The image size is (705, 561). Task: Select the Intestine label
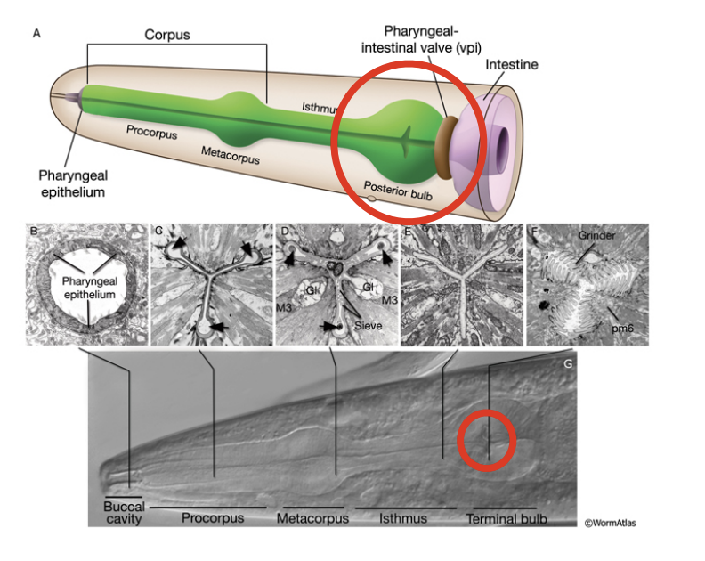pyautogui.click(x=512, y=65)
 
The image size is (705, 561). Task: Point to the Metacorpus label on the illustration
pyautogui.click(x=231, y=159)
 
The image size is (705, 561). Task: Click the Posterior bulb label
pyautogui.click(x=397, y=189)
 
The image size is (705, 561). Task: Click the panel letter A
pyautogui.click(x=36, y=34)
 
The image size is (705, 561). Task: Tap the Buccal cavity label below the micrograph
pyautogui.click(x=123, y=514)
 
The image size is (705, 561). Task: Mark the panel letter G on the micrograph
pyautogui.click(x=567, y=363)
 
